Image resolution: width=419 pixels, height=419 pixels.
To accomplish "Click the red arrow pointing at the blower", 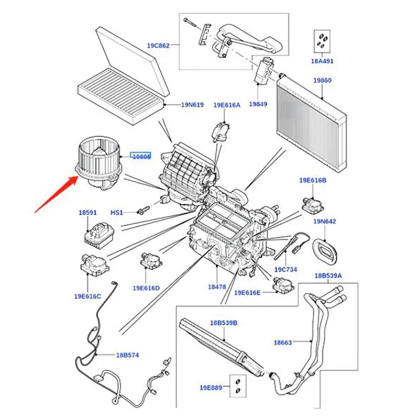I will (x=55, y=194).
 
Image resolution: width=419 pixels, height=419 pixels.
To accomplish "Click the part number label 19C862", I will (x=158, y=46).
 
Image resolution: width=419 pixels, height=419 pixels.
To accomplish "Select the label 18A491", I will (x=323, y=61).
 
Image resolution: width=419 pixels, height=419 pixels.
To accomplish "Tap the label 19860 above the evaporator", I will (x=322, y=81).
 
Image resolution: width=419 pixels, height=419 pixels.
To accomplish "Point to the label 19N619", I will (x=192, y=105).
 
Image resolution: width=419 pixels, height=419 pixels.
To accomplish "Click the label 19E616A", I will (x=227, y=105).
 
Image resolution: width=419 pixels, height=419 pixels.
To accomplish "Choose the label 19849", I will (x=258, y=104).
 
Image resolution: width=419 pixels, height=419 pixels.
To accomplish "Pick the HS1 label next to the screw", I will (x=116, y=213).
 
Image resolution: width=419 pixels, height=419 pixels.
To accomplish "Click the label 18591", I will (x=88, y=213).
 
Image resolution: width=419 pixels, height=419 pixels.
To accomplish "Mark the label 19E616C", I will (x=87, y=296).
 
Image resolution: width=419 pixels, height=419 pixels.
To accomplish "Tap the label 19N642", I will (x=325, y=222).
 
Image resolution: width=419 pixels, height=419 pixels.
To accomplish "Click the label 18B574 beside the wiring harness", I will (x=127, y=355).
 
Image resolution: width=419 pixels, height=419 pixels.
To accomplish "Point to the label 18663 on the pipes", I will (x=283, y=343).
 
